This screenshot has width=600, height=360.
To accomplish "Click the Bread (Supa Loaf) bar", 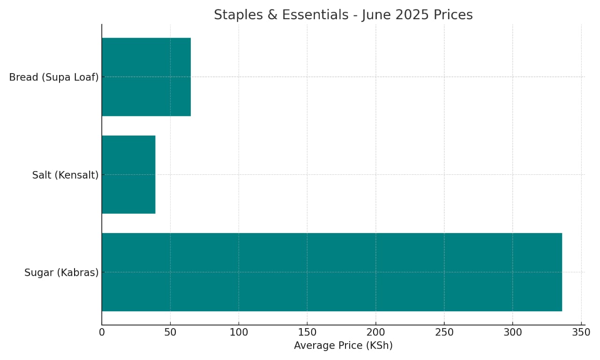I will [x=146, y=77].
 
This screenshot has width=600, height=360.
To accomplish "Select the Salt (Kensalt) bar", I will [x=128, y=174].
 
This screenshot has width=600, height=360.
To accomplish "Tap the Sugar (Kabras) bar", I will [x=332, y=272].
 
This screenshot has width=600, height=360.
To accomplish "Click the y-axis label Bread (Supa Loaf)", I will [x=54, y=77].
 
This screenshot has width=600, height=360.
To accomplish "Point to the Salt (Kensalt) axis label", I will [x=65, y=175].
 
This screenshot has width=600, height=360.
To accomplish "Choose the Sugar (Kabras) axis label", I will [x=61, y=272].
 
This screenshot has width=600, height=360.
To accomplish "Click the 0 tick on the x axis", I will [x=102, y=332].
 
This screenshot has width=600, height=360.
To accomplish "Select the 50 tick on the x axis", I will [x=170, y=332].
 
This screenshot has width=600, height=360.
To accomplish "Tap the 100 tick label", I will [x=239, y=332].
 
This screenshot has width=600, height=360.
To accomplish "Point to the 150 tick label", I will [x=307, y=332].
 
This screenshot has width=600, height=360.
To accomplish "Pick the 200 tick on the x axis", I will [x=375, y=332].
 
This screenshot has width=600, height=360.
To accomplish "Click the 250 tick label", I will [x=444, y=332].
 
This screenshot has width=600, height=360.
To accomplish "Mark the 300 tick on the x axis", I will [x=512, y=332].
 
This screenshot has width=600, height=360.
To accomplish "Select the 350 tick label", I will [x=581, y=332].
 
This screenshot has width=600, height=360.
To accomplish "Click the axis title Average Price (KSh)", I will [x=343, y=346].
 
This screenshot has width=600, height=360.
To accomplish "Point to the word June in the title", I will [x=376, y=15].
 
